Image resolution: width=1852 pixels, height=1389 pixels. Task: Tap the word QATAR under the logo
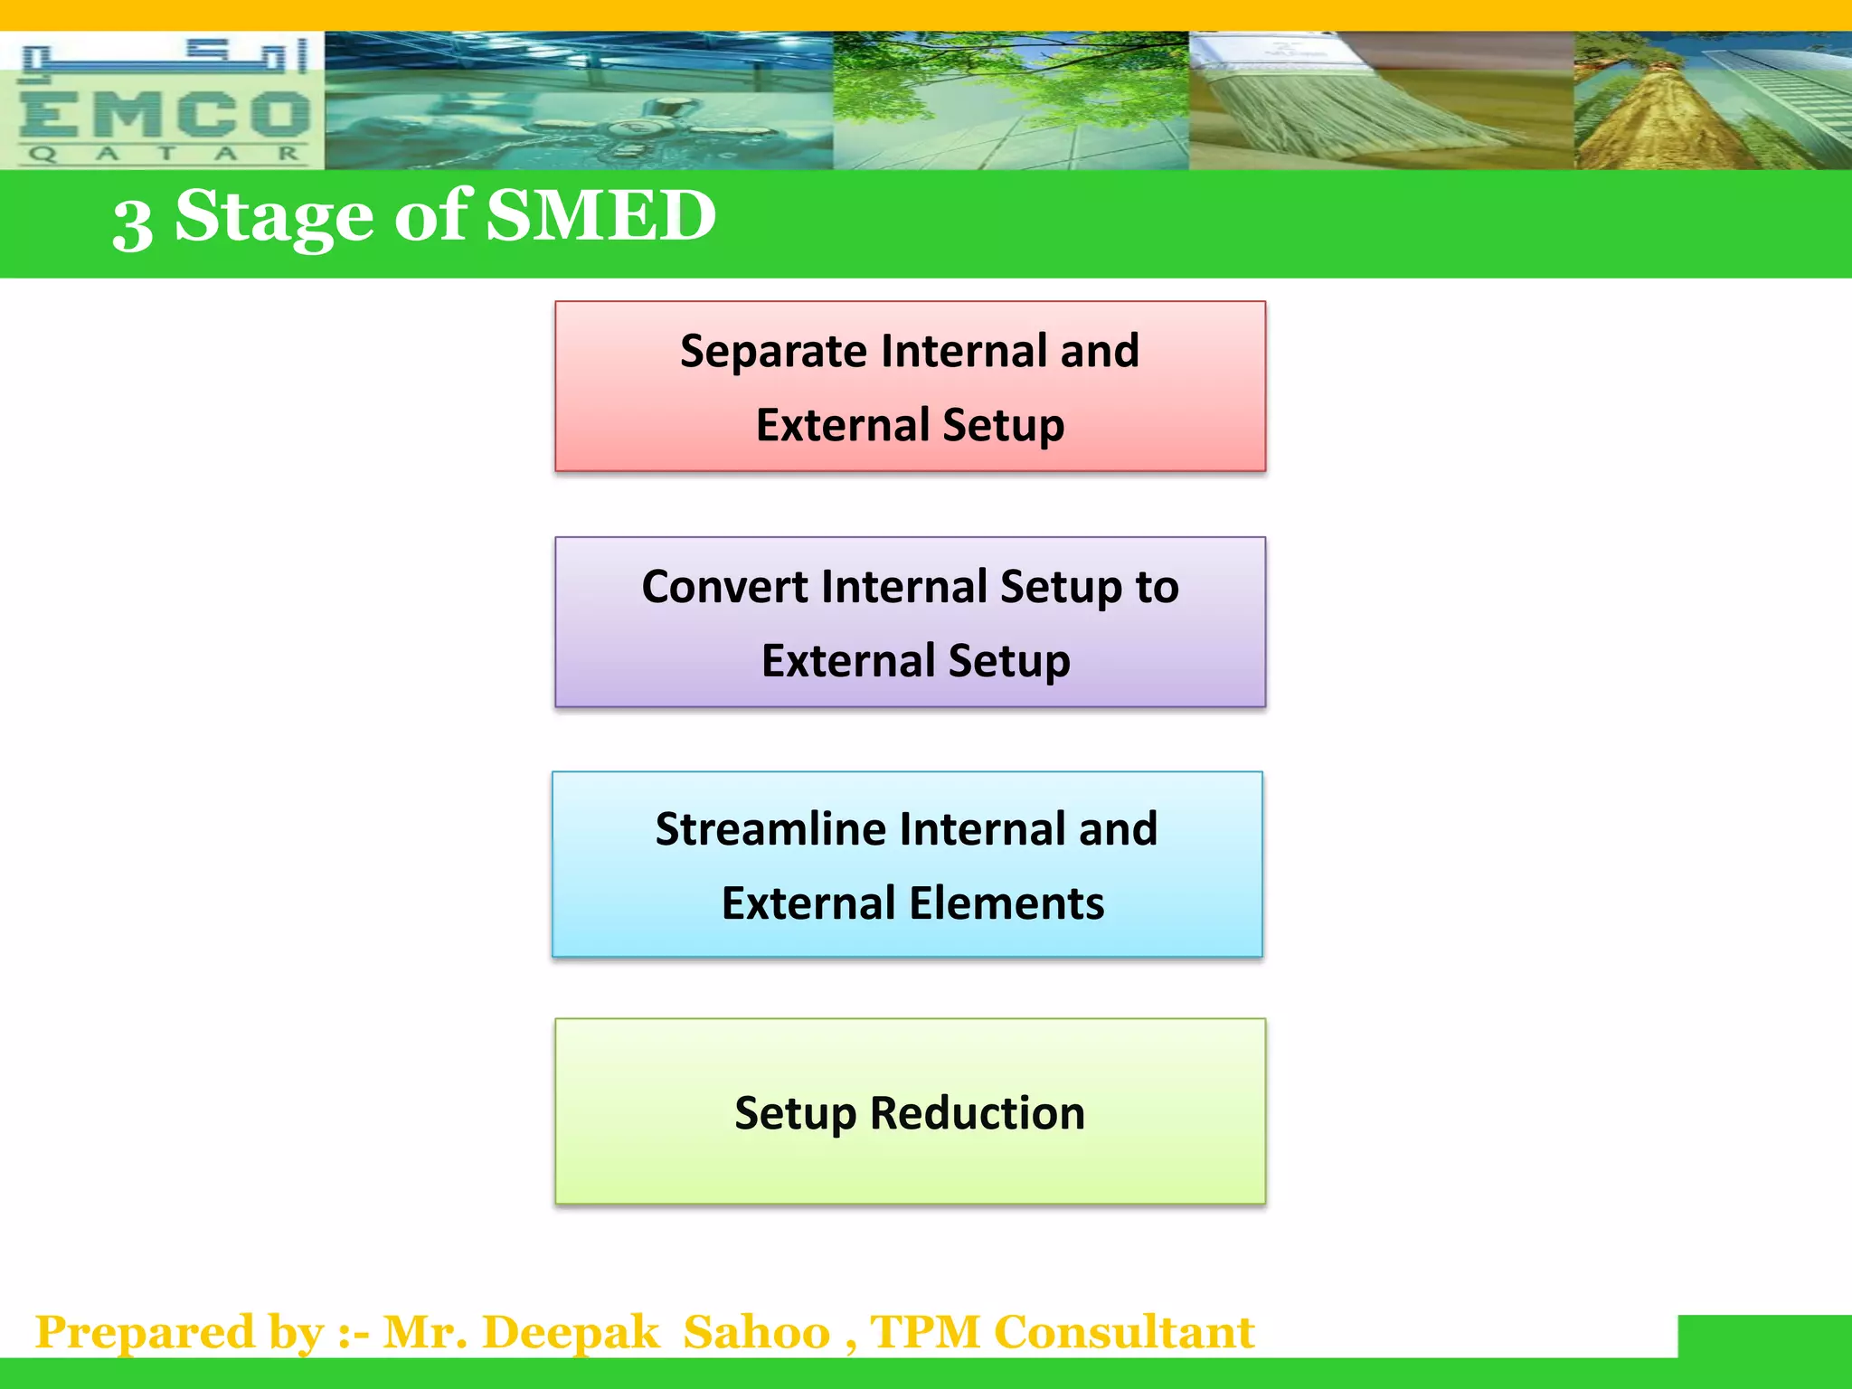[163, 154]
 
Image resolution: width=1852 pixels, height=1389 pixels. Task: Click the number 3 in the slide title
[132, 223]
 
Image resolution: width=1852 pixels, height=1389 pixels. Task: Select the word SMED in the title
[601, 216]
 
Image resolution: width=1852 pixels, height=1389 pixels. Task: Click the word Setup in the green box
[795, 1112]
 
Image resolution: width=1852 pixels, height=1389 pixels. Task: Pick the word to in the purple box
[1157, 586]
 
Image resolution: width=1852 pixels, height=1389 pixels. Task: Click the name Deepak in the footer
[571, 1332]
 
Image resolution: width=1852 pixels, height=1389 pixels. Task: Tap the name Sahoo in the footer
[756, 1332]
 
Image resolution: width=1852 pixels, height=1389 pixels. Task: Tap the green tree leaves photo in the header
[1010, 101]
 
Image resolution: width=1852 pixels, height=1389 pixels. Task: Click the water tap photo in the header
[579, 101]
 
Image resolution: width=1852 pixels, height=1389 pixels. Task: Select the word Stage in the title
[273, 216]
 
